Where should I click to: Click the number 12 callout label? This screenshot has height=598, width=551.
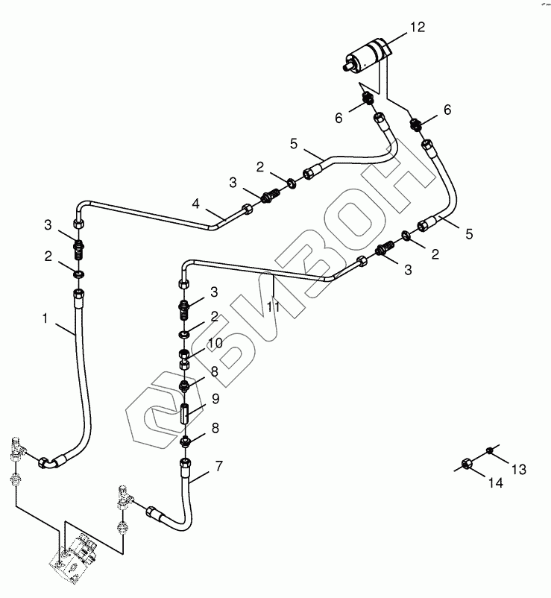tap(417, 28)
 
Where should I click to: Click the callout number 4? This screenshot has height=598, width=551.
tap(196, 203)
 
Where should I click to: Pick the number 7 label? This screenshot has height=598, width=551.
tap(218, 467)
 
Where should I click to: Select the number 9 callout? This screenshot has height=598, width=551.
tap(215, 399)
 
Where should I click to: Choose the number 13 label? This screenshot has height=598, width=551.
tap(518, 469)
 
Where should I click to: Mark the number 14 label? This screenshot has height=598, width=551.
tap(496, 483)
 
